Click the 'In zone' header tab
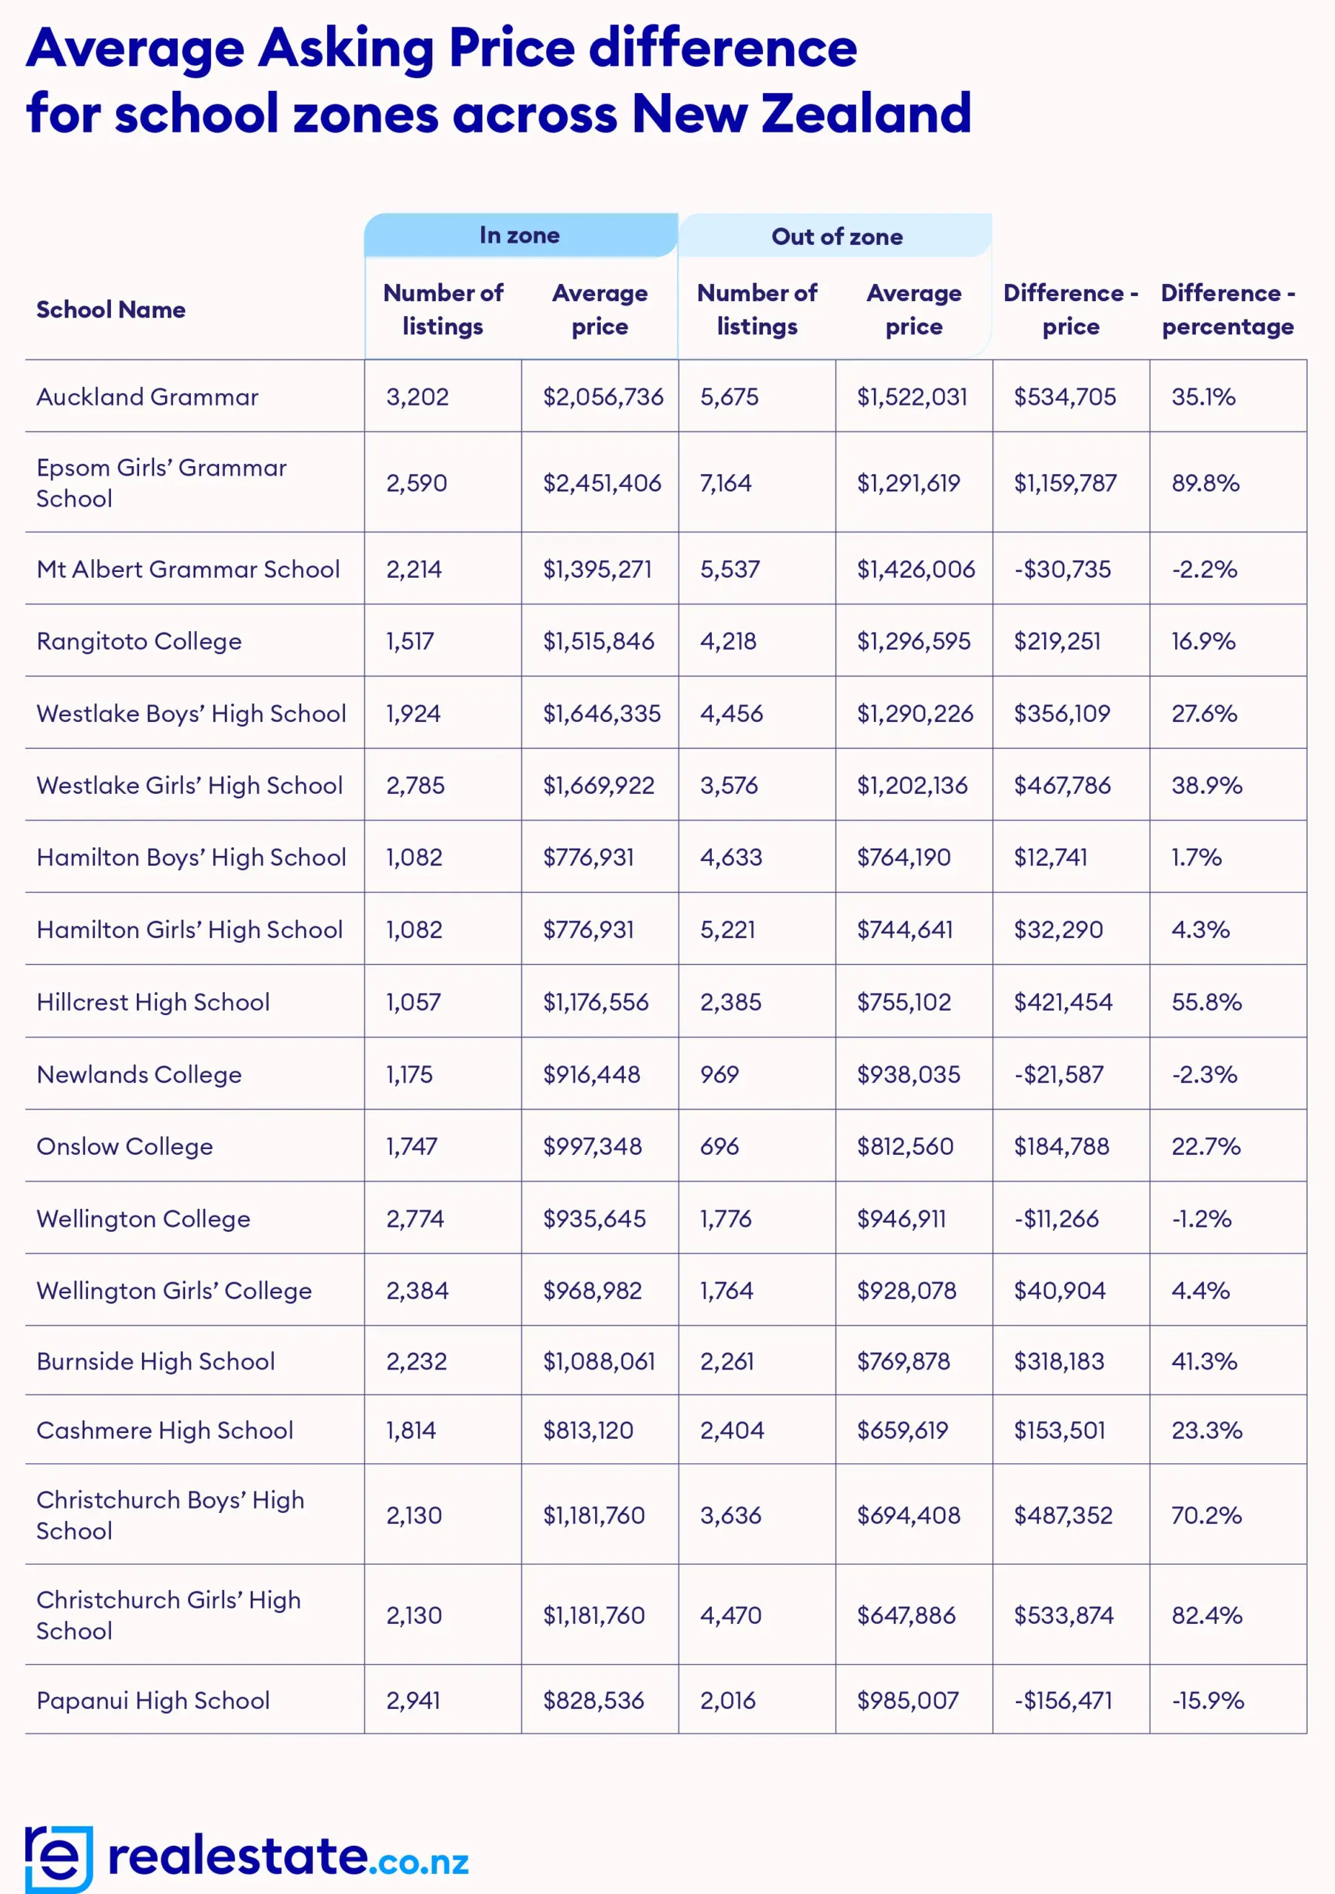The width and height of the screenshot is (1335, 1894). (519, 236)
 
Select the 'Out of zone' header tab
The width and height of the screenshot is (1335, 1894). (837, 237)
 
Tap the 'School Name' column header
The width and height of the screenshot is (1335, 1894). (110, 310)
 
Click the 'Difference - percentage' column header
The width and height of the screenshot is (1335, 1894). (1228, 310)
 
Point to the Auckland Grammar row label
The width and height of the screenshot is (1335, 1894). (148, 397)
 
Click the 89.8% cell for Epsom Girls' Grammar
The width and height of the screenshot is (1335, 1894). (1205, 483)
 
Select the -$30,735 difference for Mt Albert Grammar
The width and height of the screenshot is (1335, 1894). (1063, 569)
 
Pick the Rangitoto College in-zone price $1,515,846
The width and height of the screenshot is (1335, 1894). (599, 641)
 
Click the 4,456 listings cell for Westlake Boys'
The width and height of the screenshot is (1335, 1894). (732, 713)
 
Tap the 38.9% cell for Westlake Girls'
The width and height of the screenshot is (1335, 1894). (1207, 785)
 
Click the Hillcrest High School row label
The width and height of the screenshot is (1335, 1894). (153, 1002)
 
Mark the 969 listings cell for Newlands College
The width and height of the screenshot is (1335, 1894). (719, 1075)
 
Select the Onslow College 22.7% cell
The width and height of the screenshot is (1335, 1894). (1206, 1147)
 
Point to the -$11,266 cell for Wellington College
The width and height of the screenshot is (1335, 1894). (1057, 1219)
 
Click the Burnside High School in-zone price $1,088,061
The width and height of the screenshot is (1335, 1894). (599, 1362)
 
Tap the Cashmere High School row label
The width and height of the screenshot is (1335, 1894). (165, 1431)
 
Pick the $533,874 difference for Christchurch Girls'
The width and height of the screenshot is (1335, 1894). (1063, 1615)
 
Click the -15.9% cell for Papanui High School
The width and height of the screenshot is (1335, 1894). (1208, 1701)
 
